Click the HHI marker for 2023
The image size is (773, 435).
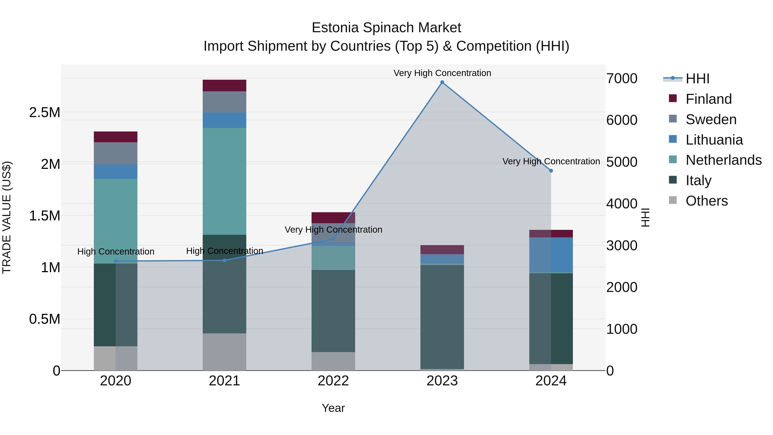pos(442,82)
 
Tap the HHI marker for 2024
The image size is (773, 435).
pos(551,171)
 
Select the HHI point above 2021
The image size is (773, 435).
pos(224,260)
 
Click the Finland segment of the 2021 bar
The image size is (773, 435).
pos(224,85)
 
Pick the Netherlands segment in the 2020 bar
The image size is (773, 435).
pos(116,221)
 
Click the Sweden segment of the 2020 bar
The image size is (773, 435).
pos(116,153)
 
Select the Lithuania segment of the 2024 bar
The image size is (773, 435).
pos(551,255)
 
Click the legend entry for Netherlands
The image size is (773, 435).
pos(723,160)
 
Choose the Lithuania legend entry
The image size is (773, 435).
pos(714,140)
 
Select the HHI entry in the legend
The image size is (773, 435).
pos(697,79)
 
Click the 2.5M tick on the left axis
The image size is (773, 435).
pos(44,113)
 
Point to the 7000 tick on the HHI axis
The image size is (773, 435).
pos(621,78)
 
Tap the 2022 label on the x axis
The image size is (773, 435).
pos(333,381)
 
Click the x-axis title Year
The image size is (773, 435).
pos(333,408)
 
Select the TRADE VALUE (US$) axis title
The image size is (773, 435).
pos(7,217)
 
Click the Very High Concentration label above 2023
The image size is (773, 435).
pos(442,73)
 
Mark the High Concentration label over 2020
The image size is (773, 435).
pos(116,252)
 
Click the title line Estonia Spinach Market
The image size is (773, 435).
pos(386,28)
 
